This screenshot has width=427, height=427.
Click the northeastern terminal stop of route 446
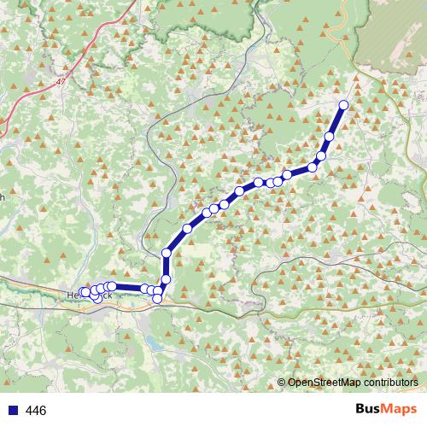tap(344, 105)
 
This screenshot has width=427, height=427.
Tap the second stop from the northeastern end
tap(330, 137)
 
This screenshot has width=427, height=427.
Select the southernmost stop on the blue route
tap(157, 299)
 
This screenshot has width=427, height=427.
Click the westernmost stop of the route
tap(85, 292)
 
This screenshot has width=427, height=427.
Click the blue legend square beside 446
tap(11, 411)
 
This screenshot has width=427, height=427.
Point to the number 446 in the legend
tap(36, 411)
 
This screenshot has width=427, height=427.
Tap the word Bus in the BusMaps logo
tap(369, 409)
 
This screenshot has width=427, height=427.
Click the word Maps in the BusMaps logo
tap(400, 409)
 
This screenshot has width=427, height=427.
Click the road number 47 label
tap(61, 82)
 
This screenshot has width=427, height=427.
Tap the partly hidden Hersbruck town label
tap(89, 295)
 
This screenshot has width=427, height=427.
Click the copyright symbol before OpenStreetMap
tap(281, 383)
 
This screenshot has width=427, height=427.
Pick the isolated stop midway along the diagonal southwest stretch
tap(187, 228)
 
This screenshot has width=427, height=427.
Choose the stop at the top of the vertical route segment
tap(166, 252)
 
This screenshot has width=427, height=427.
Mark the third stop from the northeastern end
tap(321, 155)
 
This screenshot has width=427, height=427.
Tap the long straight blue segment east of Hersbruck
tap(128, 288)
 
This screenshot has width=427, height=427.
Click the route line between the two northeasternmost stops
tap(337, 120)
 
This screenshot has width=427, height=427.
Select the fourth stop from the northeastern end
tap(313, 167)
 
